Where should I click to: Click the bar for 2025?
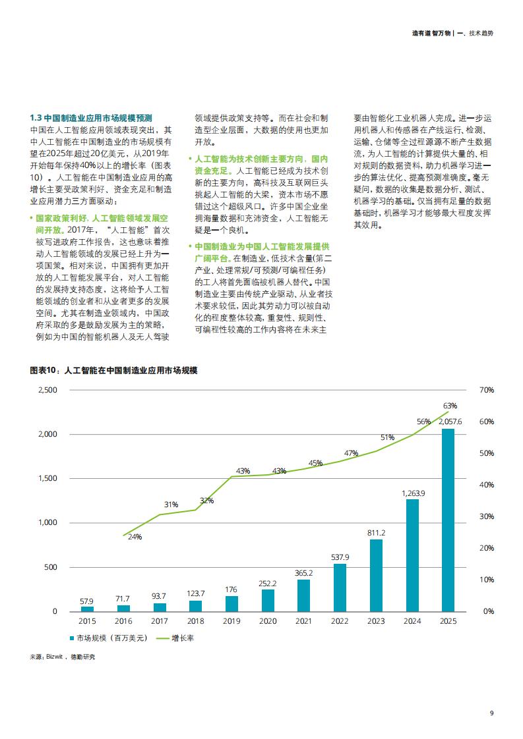point(448,520)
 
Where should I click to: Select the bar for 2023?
point(376,576)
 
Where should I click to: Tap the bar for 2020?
point(268,601)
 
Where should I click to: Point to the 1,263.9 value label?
point(413,493)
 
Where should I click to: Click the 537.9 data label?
point(340,557)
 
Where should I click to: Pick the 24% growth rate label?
point(135,537)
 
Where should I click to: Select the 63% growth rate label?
point(450,406)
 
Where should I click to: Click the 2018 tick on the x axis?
point(195,621)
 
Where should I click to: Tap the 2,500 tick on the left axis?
point(47,390)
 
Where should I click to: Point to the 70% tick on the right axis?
point(487,390)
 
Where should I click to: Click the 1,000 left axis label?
point(47,522)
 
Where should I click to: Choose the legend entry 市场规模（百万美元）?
point(109,638)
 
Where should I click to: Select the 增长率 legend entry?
point(175,638)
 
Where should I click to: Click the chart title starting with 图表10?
point(113,370)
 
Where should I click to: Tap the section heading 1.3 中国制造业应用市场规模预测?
point(91,118)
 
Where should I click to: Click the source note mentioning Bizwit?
point(62,657)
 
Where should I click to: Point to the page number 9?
point(491,713)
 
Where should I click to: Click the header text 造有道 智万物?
point(431,33)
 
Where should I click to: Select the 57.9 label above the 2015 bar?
point(86,601)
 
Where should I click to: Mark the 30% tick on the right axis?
point(487,516)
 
